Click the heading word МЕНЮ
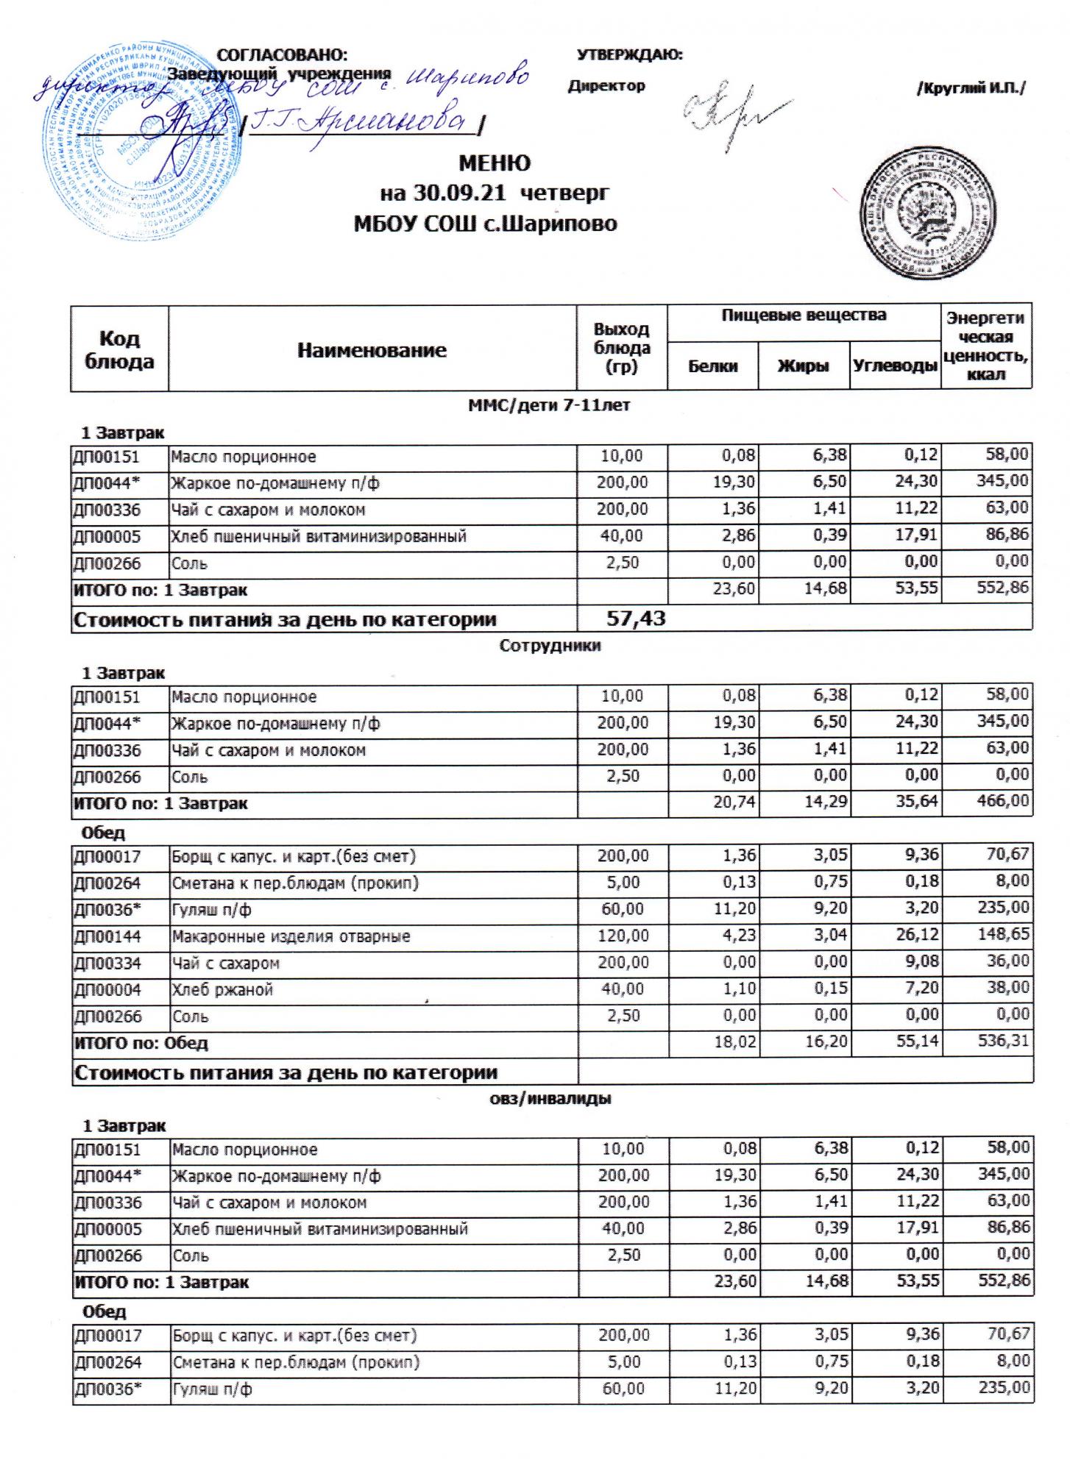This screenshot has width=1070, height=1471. [x=494, y=163]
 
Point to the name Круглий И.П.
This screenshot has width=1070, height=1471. [x=971, y=88]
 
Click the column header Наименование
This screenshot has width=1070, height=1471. [x=372, y=351]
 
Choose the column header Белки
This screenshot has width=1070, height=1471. [x=712, y=366]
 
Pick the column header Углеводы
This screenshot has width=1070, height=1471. [x=895, y=366]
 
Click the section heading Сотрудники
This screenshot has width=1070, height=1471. [x=550, y=646]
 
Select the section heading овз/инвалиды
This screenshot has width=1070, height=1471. [x=550, y=1099]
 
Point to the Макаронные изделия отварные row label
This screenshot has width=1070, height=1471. [x=291, y=936]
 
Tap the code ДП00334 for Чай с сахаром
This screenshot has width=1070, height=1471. [x=107, y=964]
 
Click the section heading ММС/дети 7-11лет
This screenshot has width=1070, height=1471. [x=549, y=405]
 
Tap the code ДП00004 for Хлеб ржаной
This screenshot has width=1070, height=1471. [x=107, y=990]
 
